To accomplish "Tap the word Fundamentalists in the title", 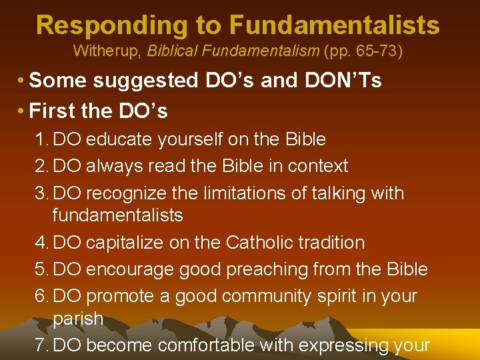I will pyautogui.click(x=335, y=25).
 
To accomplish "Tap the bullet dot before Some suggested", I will pyautogui.click(x=22, y=81).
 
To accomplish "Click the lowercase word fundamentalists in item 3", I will pyautogui.click(x=117, y=215).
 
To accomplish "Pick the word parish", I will pyautogui.click(x=78, y=319).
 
